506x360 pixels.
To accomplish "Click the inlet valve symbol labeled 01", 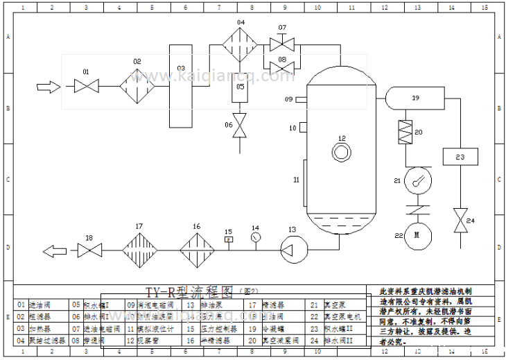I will (x=87, y=87).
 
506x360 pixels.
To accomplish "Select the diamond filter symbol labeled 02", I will (x=137, y=87).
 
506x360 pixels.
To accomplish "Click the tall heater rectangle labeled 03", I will (x=182, y=85).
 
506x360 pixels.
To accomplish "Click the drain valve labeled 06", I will (x=241, y=126).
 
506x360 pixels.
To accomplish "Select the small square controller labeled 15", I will (x=229, y=240).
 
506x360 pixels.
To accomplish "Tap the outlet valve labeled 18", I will (x=89, y=248).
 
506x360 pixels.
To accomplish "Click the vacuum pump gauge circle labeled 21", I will (x=417, y=181).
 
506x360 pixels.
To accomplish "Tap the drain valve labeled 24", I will (x=458, y=221).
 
